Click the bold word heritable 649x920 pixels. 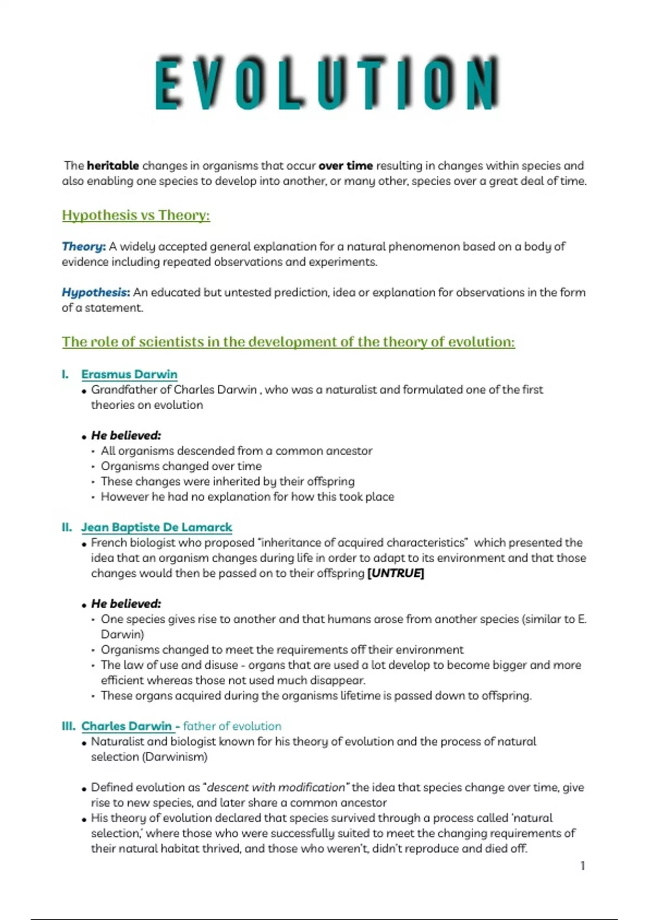click(112, 166)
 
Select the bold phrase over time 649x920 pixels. click(346, 166)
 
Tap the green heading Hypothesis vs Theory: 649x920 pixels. click(136, 215)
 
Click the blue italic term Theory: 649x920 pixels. click(83, 247)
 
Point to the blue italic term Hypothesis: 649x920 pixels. click(96, 293)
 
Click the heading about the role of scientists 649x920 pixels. click(288, 342)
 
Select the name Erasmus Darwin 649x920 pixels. click(129, 374)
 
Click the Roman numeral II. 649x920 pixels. click(67, 528)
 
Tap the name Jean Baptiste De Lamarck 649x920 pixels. click(156, 528)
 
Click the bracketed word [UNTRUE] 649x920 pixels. click(395, 574)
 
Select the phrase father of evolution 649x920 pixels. click(232, 726)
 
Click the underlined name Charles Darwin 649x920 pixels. click(127, 726)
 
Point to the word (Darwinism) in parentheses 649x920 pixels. click(175, 757)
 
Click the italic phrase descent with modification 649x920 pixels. click(276, 787)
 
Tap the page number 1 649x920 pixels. click(582, 866)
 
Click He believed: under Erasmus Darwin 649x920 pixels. click(126, 436)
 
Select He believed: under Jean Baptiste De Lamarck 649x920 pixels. click(126, 604)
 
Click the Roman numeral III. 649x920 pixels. click(68, 726)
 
